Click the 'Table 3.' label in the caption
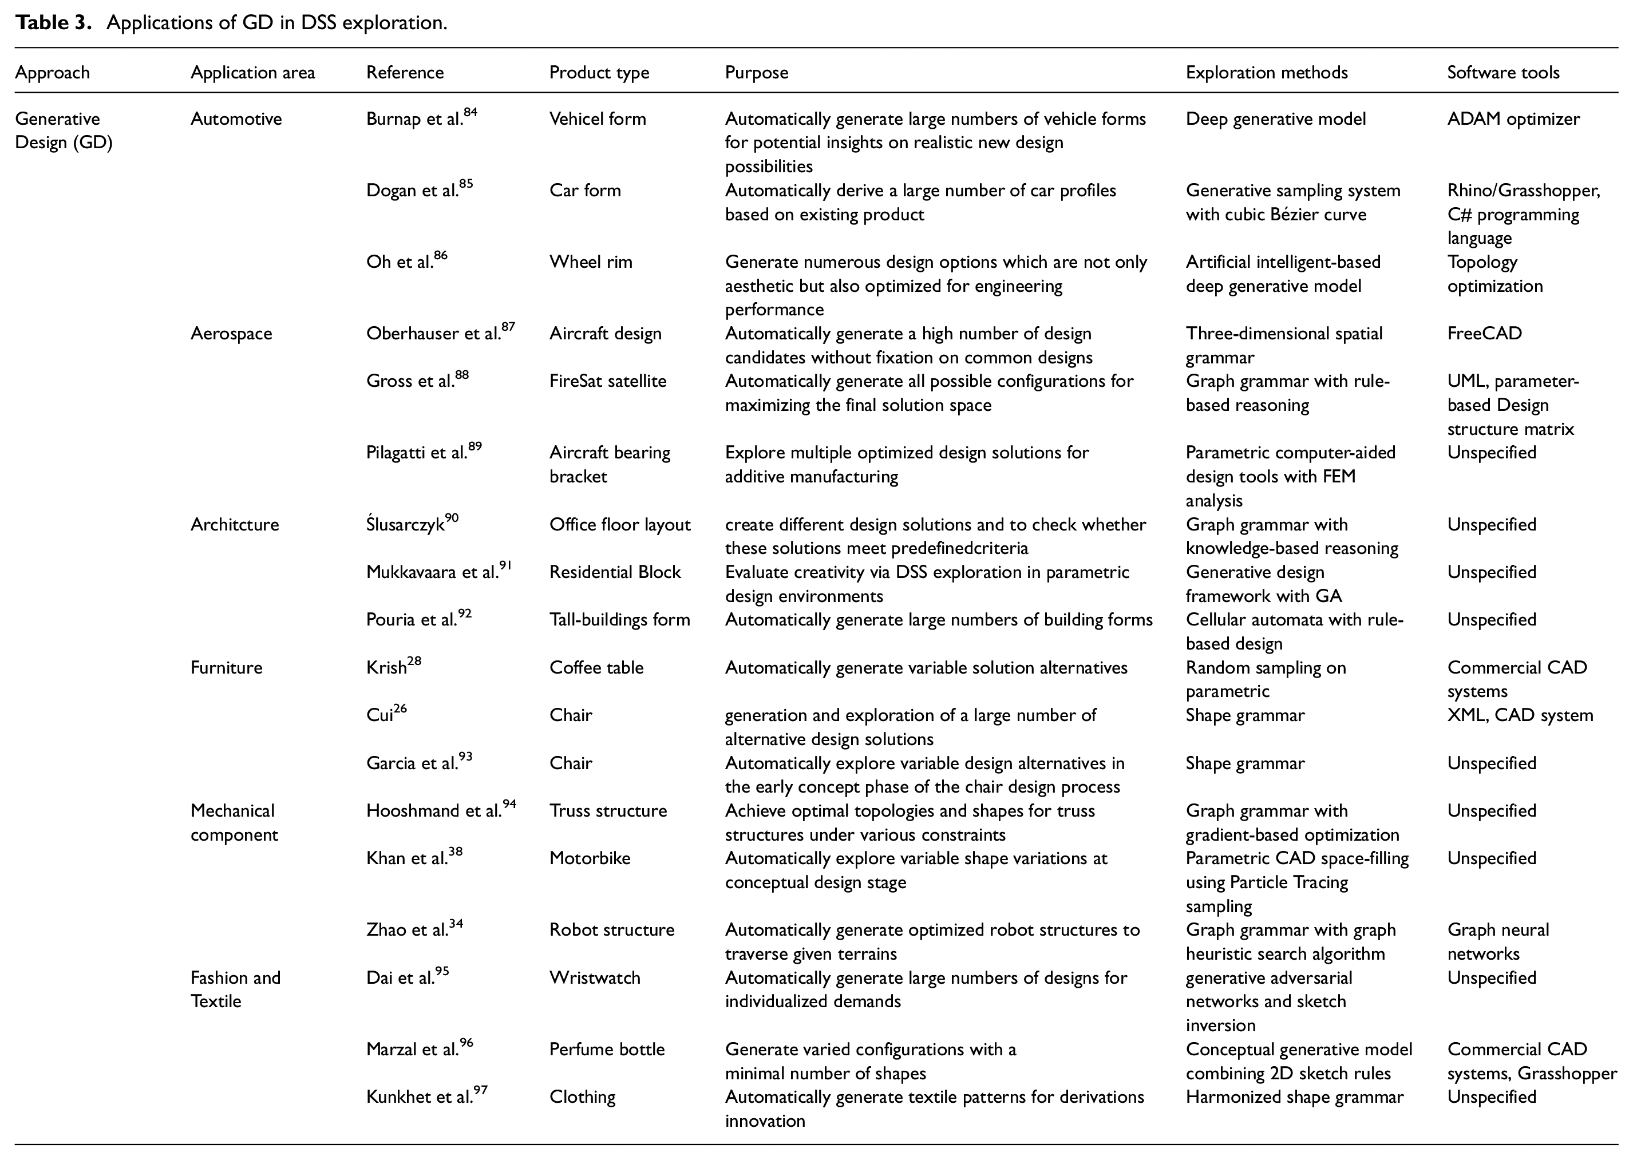(54, 23)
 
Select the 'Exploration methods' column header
(1267, 72)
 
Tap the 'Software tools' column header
(1503, 72)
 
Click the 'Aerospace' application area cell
(231, 334)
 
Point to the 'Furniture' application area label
(227, 667)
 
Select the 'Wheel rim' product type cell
(591, 262)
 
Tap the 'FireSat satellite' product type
(607, 381)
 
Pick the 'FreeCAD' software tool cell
(1484, 334)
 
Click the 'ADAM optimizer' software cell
(1513, 118)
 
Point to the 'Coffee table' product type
(596, 667)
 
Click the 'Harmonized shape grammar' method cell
(1294, 1096)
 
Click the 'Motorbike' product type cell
(590, 858)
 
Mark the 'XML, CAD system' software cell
(1520, 715)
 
